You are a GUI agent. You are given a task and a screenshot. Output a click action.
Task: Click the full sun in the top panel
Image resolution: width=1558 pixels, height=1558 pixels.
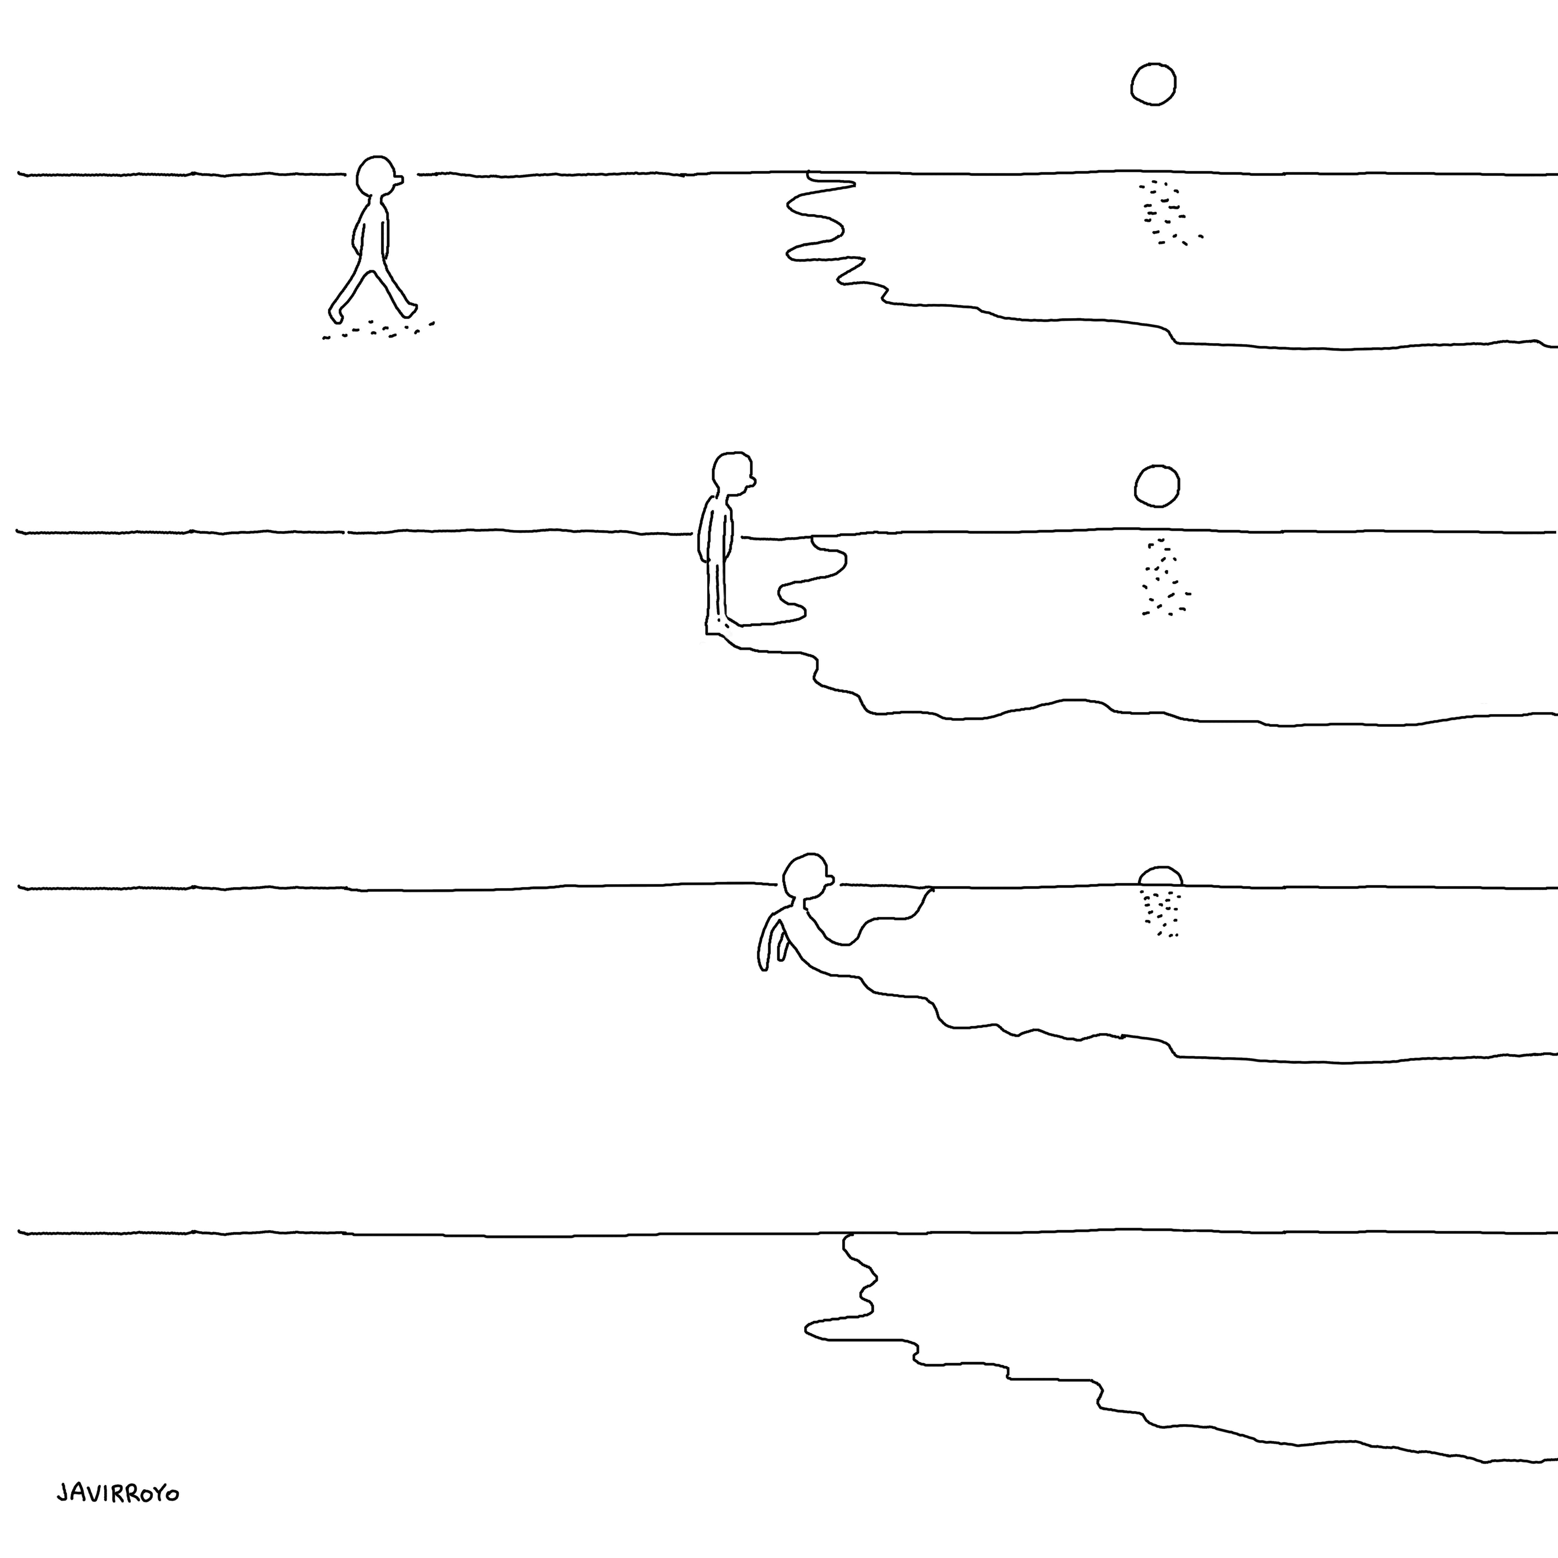pyautogui.click(x=1153, y=84)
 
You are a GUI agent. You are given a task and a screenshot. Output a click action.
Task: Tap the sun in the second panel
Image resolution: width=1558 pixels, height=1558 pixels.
pyautogui.click(x=1157, y=486)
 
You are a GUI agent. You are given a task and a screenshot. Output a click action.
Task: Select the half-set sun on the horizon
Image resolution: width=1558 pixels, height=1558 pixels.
pyautogui.click(x=1160, y=877)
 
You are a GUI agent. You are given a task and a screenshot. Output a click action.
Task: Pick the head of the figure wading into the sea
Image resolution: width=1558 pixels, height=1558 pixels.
pyautogui.click(x=805, y=874)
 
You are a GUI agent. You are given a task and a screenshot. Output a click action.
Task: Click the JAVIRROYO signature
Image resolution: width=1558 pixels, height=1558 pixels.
pyautogui.click(x=118, y=1494)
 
